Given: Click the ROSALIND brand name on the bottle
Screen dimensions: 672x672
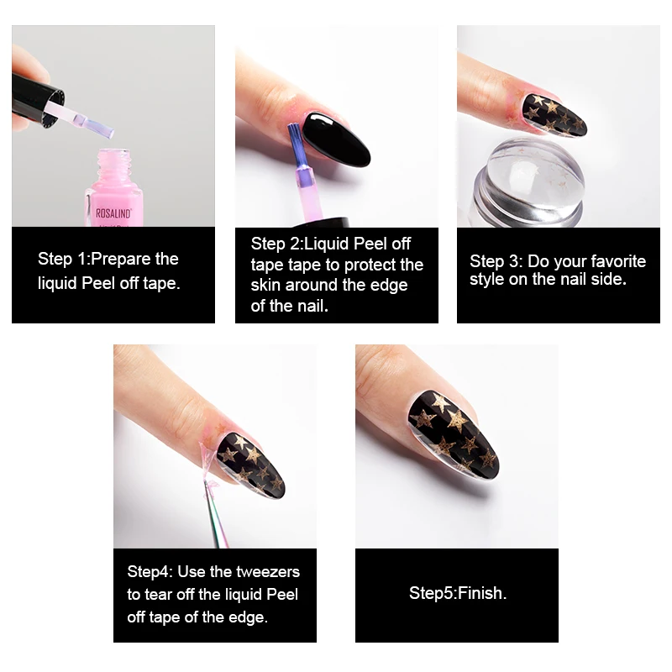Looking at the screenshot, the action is (x=113, y=213).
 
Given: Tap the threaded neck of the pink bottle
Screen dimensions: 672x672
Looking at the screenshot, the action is (x=114, y=165).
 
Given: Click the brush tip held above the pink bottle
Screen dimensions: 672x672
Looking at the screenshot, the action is (x=99, y=126).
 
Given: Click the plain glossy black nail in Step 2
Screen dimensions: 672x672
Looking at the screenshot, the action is (x=335, y=140).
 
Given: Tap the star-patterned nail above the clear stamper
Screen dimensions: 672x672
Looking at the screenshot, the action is (x=554, y=115).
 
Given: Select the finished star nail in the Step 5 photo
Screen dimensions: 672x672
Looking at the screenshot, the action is (x=452, y=433).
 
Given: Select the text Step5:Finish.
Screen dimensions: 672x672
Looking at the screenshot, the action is (x=458, y=593).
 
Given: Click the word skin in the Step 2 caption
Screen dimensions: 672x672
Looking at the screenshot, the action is (x=265, y=285).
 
